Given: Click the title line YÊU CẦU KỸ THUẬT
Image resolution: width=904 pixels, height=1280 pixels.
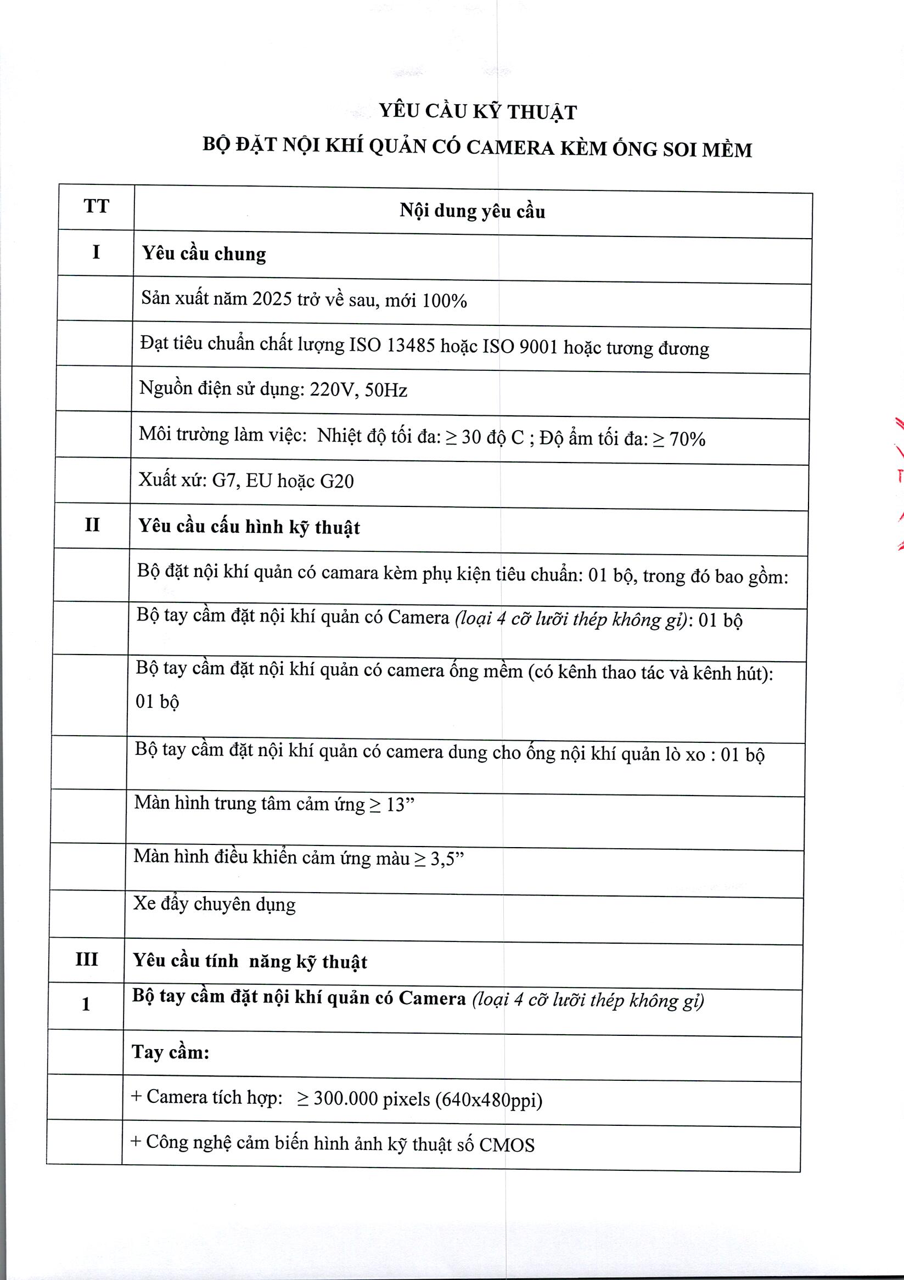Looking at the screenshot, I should pos(478,111).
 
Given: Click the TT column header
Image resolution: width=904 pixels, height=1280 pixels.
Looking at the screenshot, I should pos(96,206).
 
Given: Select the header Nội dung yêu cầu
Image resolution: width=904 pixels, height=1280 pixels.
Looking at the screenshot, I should pos(472,211).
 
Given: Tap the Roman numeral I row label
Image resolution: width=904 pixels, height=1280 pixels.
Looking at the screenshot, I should pos(96,252).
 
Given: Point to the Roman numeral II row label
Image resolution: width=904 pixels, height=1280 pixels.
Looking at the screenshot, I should pos(92,525).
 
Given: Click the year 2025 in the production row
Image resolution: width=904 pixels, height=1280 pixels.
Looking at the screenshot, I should pos(272,300).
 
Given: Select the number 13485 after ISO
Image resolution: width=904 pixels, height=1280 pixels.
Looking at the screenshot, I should pos(411,346).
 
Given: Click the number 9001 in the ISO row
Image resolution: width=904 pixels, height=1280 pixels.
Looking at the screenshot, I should pos(538,347).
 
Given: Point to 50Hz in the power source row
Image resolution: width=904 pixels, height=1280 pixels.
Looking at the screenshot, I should pos(385,390).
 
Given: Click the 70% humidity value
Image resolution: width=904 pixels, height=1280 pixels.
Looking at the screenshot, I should pos(687,439).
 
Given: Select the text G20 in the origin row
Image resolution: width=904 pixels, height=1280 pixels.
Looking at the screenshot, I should pos(336,481).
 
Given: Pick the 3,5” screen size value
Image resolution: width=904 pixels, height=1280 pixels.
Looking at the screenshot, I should pos(446,859).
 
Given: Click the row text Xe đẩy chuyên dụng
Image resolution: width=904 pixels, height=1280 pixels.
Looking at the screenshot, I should pos(214,904).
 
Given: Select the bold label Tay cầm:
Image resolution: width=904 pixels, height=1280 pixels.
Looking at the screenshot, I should pos(170,1051).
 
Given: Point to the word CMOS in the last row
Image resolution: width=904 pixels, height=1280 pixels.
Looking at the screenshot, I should pos(507,1144).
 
